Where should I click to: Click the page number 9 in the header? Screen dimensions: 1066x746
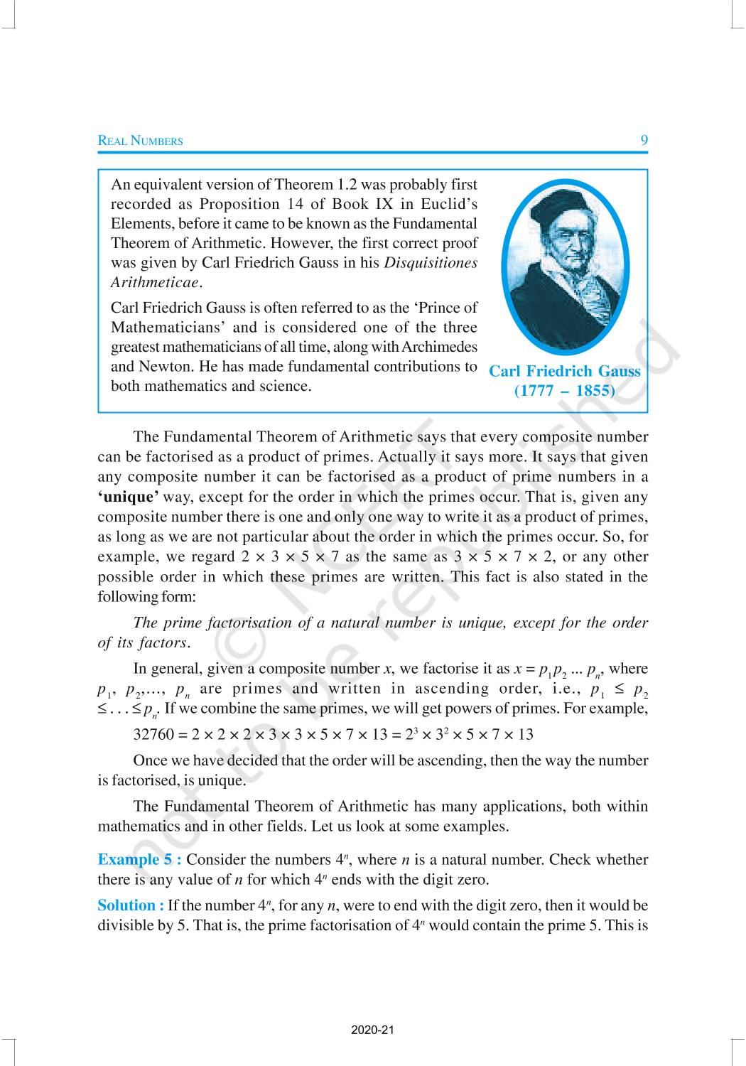click(x=644, y=140)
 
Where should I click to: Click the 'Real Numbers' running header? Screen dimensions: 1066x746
click(x=140, y=141)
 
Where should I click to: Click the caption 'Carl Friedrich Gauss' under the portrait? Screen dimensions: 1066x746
click(x=565, y=371)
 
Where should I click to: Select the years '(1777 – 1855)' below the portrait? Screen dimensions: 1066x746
click(x=565, y=390)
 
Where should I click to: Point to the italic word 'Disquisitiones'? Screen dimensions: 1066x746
click(x=431, y=262)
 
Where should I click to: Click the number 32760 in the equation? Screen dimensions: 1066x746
click(x=153, y=733)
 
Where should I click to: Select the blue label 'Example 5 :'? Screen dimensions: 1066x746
click(x=139, y=859)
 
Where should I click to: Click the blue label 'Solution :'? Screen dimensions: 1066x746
click(x=131, y=905)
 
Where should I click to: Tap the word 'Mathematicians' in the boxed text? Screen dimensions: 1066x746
click(x=166, y=328)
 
